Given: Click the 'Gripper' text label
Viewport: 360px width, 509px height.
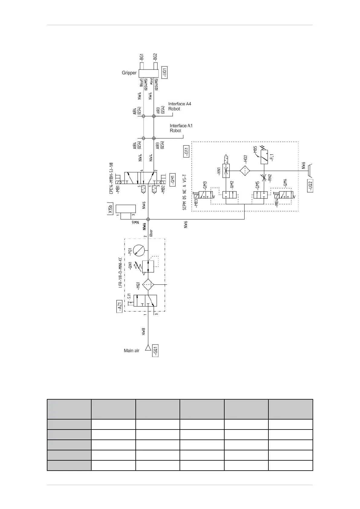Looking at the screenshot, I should pos(129,73).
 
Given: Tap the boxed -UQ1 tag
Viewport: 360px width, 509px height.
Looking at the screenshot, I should pos(164,73).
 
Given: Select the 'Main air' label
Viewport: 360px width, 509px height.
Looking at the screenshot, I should pos(131,351).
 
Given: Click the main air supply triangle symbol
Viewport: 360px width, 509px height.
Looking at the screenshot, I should pos(148,348).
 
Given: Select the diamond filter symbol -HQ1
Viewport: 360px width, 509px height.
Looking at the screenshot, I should pos(148,285).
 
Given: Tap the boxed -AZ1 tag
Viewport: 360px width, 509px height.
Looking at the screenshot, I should pos(120,306).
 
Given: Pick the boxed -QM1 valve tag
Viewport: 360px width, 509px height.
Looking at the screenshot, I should pos(173,180).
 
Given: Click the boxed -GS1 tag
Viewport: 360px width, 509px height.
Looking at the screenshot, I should pos(186,151).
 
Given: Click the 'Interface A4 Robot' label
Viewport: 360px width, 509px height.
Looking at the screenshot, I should pos(180,106).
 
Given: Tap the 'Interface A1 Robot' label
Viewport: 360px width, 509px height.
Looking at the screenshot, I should pos(181,128).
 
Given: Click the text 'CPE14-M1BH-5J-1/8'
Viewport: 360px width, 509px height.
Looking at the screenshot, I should pos(111,179).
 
